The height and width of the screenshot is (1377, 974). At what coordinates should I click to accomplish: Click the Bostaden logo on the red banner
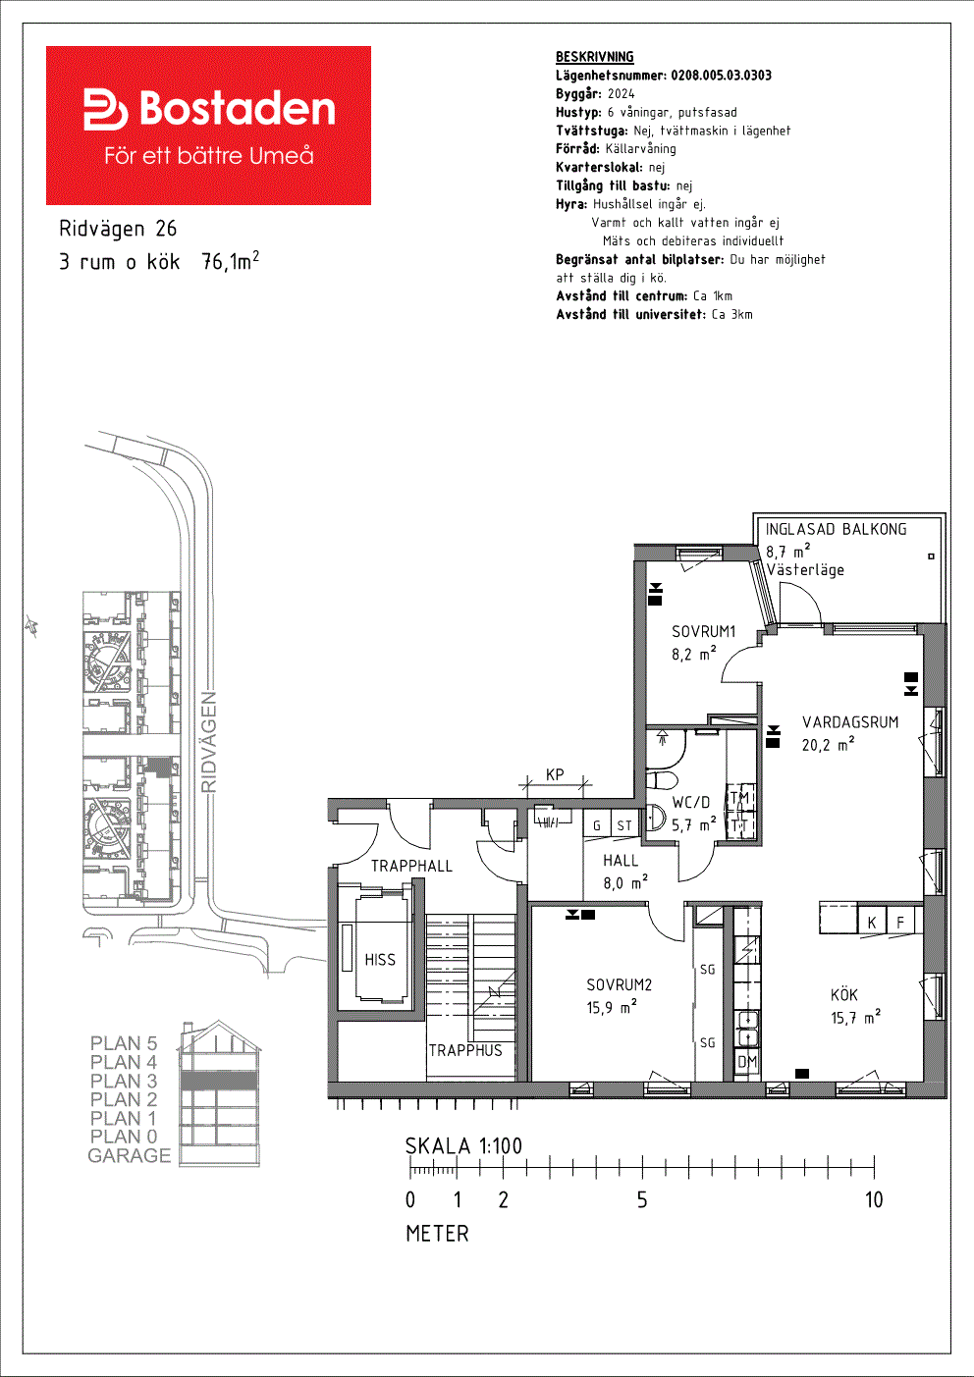(209, 109)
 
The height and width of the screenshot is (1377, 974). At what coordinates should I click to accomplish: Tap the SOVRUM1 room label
(703, 631)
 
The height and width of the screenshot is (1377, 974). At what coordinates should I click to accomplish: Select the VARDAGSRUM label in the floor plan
(849, 721)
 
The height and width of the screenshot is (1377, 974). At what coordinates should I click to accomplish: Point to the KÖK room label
(843, 994)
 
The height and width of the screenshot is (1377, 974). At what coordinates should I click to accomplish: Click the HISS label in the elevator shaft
(380, 960)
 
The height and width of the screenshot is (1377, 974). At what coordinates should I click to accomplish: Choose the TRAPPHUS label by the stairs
(465, 1050)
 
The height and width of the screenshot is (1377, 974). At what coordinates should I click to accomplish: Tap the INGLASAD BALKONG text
(836, 529)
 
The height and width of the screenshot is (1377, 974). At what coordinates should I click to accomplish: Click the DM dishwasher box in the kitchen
(748, 1062)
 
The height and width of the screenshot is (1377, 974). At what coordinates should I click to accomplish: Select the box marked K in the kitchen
(872, 922)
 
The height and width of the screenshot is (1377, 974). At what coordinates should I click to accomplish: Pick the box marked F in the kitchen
(900, 922)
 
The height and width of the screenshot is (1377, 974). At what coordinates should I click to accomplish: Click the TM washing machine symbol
(740, 797)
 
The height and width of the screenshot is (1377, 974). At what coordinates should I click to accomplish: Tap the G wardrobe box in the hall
(596, 825)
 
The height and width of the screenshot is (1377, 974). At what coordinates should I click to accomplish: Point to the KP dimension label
(555, 774)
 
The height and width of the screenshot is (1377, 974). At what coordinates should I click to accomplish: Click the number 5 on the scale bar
(642, 1199)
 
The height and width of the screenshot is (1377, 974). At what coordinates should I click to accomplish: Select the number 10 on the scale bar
(874, 1199)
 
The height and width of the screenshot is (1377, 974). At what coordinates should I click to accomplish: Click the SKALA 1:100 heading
(463, 1145)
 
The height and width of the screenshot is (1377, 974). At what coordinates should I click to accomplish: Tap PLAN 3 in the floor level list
(124, 1081)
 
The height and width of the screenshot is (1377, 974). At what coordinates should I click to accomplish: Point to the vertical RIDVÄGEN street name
(209, 742)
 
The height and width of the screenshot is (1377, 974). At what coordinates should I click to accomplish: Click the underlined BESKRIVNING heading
(595, 57)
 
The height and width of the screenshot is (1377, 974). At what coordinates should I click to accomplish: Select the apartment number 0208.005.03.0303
(722, 75)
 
